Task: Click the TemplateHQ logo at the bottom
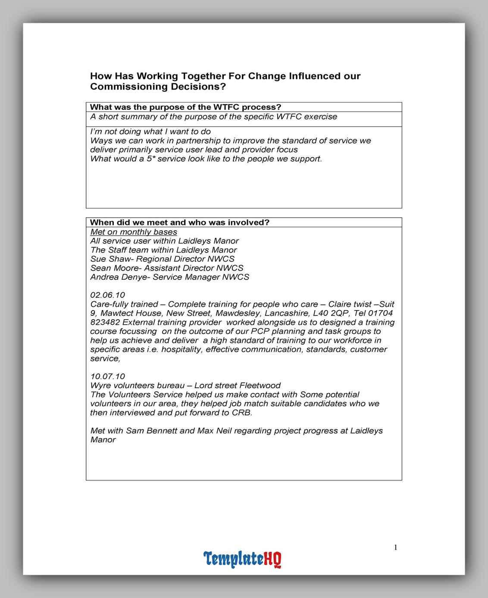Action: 242,559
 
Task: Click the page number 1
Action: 396,548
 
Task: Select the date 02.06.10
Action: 108,295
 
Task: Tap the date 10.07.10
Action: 108,377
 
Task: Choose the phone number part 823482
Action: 105,322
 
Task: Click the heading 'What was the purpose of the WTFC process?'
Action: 185,107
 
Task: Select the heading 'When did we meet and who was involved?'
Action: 179,223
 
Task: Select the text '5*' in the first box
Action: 151,159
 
